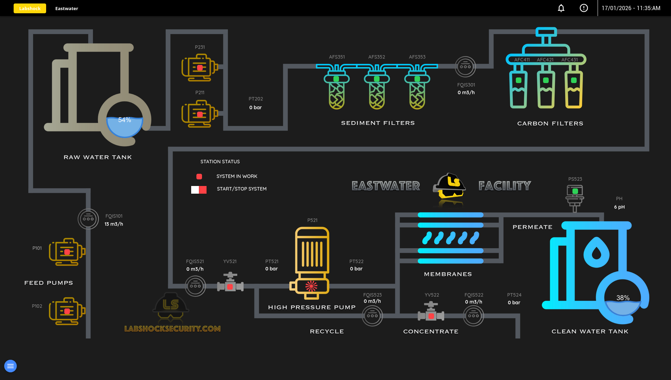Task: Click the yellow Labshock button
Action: pos(30,8)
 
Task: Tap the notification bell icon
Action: pos(561,8)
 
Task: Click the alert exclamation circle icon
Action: pos(584,8)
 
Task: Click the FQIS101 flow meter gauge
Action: pos(88,219)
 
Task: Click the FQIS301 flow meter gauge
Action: pos(465,66)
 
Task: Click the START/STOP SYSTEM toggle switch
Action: pos(199,189)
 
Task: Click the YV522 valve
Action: pos(431,314)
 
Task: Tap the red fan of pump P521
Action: pos(311,286)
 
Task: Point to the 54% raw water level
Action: pos(124,120)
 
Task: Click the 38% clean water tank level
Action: pos(623,298)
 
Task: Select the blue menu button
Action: pos(10,366)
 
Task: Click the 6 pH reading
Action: pos(619,207)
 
